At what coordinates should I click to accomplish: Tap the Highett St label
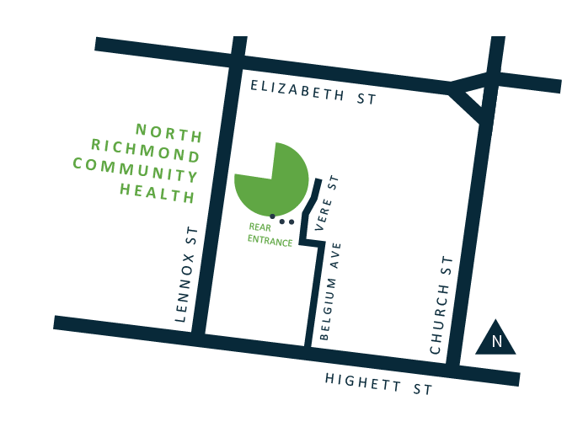tap(379, 384)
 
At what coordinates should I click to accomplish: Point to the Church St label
tap(441, 304)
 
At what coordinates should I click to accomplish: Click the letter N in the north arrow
tap(496, 341)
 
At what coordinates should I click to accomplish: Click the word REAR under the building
tap(259, 227)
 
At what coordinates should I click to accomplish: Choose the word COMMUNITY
tap(136, 168)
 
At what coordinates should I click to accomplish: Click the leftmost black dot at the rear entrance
tap(272, 216)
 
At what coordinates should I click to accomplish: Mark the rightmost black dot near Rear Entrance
tap(291, 222)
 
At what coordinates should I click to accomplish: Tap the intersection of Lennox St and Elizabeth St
tap(237, 63)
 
